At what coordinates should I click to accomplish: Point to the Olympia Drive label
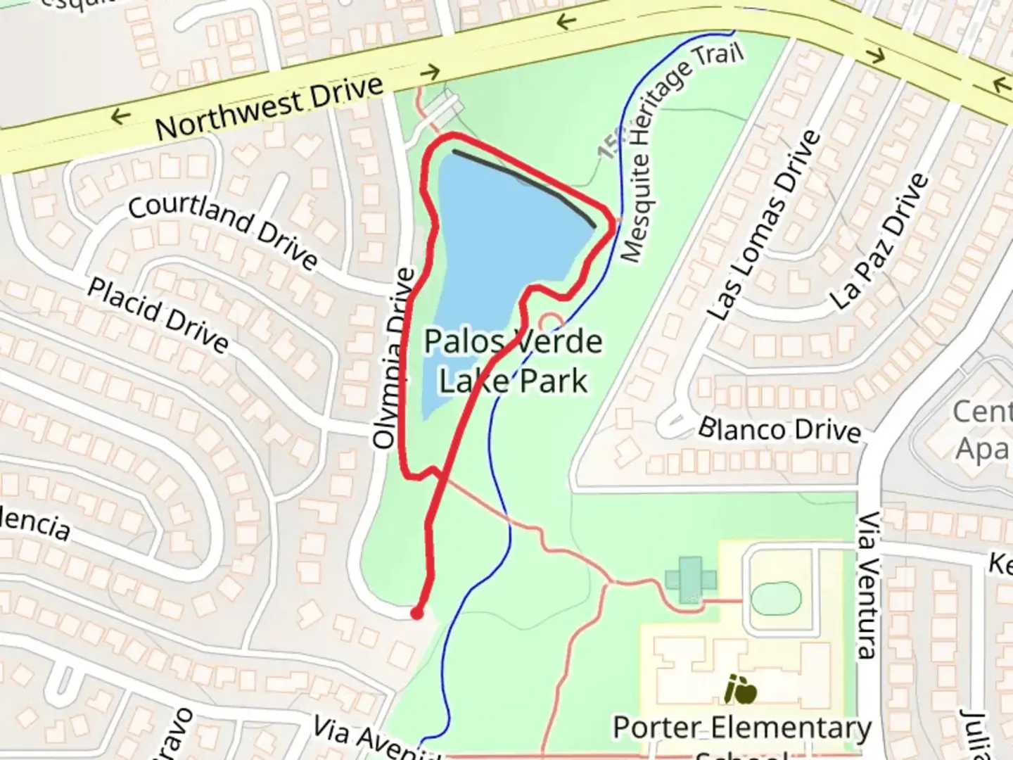[393, 359]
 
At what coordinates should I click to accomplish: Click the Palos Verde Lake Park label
[513, 361]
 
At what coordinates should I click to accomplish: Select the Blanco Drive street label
[779, 429]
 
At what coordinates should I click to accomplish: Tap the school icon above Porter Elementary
[741, 689]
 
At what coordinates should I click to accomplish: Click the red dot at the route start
[417, 614]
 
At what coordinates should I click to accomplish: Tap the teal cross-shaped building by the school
[691, 580]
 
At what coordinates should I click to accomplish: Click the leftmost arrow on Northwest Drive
[120, 115]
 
